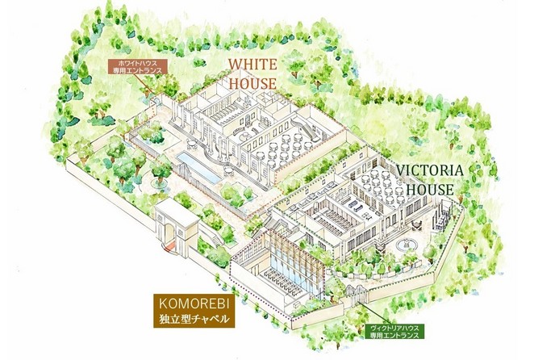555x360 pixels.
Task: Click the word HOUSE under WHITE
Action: point(252,82)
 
